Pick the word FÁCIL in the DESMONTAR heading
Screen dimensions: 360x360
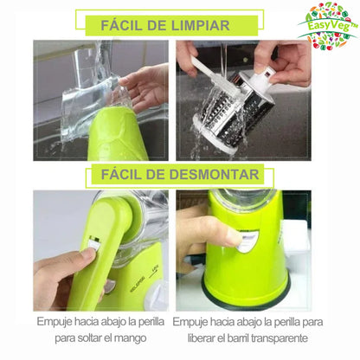coord(132,175)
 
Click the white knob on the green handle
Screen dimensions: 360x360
coord(90,257)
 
